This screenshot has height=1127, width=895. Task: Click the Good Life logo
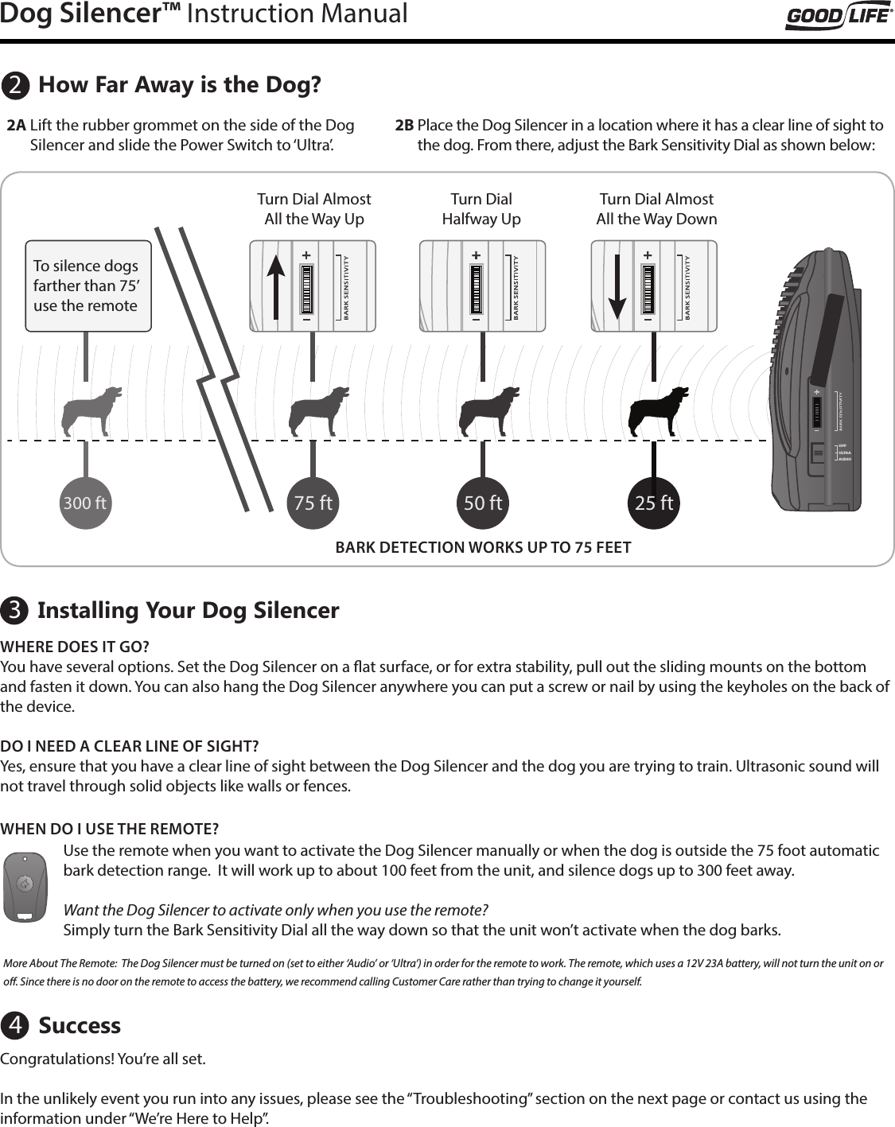839,16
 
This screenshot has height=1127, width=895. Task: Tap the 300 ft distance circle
85,503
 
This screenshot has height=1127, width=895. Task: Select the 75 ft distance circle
313,503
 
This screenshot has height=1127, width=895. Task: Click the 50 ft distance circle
483,503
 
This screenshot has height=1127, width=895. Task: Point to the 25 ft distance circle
654,503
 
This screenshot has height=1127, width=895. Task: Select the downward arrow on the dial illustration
617,287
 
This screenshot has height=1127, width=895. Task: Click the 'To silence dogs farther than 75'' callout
88,286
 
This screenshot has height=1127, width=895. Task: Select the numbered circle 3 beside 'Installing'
15,611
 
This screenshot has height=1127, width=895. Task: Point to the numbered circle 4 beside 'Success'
15,1026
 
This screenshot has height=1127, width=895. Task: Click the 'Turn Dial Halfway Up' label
481,209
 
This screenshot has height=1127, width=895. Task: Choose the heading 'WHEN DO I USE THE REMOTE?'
110,830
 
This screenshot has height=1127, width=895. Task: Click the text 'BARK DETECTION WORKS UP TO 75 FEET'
483,547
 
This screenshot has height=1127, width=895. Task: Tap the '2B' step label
404,126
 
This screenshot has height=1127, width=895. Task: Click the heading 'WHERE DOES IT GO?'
75,646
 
